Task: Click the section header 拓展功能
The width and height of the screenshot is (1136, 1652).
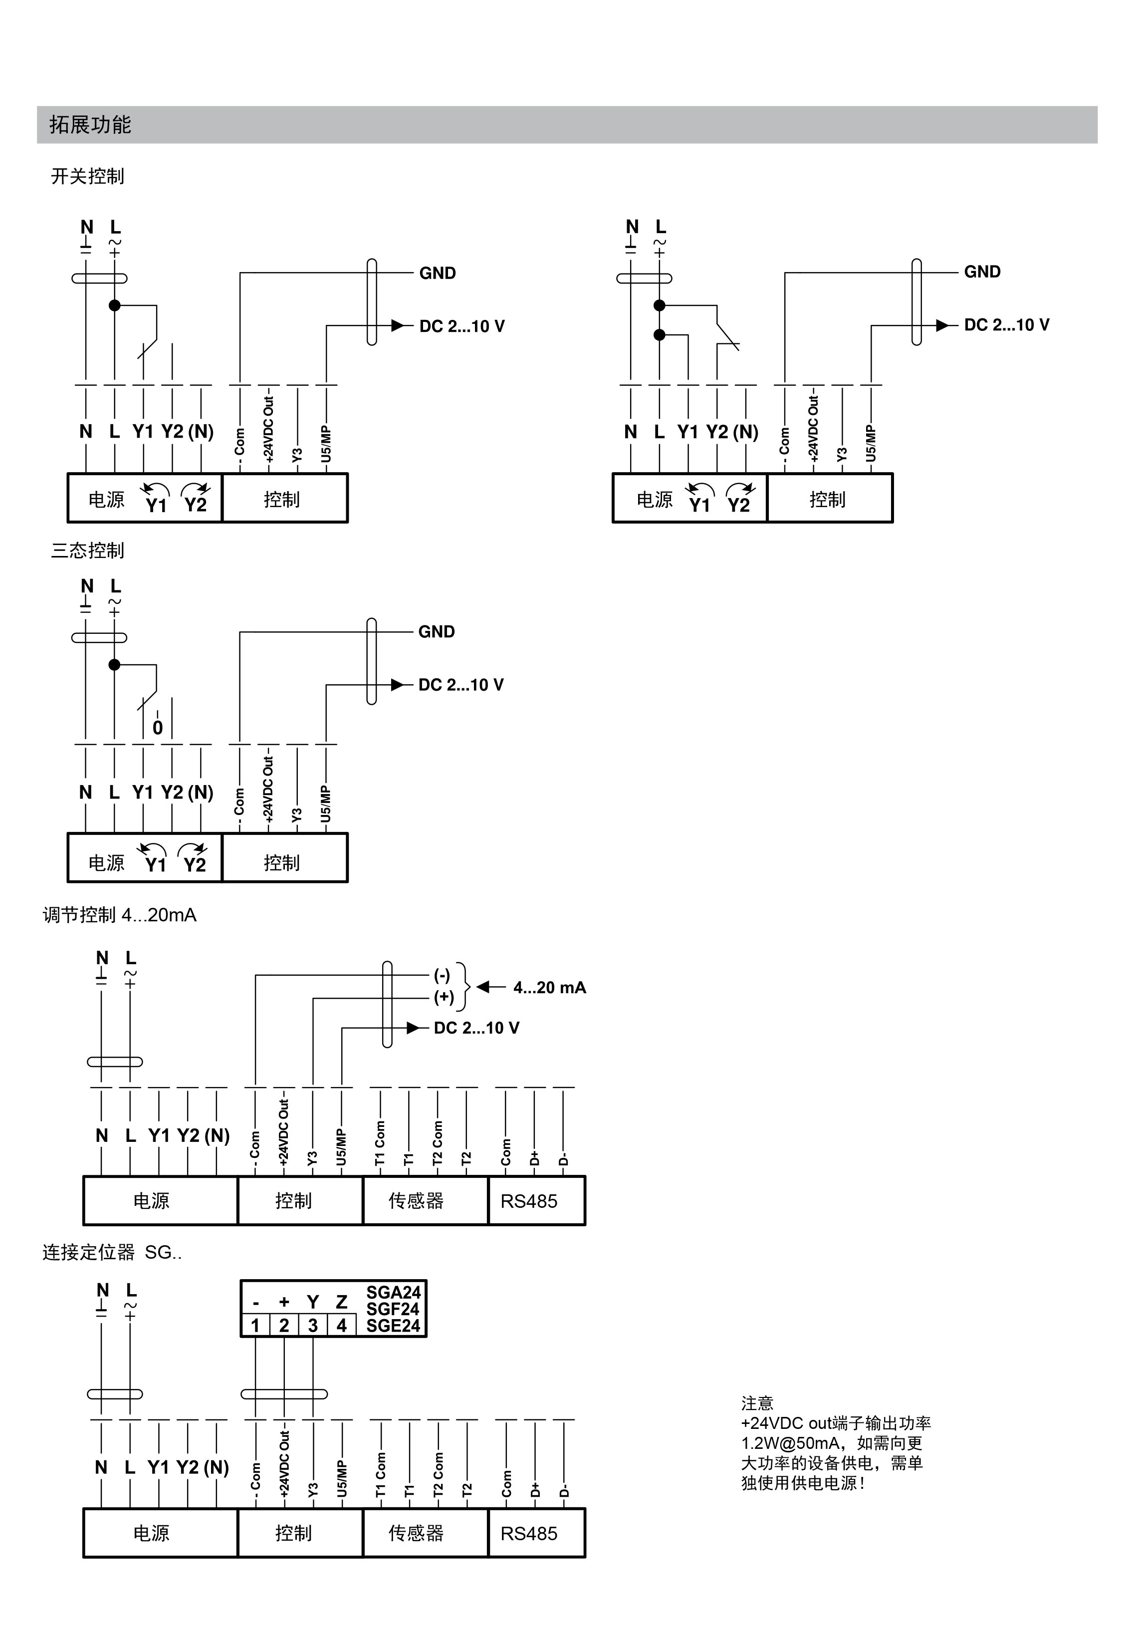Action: coord(90,125)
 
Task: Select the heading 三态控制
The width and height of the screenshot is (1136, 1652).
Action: coord(87,551)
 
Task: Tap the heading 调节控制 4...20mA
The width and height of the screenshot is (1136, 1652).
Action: coord(120,915)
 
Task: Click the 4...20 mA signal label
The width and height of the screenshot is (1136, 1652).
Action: coord(549,988)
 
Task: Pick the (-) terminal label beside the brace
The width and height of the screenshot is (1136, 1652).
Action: coord(442,976)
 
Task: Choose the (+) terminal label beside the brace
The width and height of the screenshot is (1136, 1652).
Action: coord(444,997)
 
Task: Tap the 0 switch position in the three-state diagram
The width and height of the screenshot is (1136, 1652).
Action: coord(157,728)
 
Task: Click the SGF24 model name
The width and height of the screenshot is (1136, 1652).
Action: coord(393,1309)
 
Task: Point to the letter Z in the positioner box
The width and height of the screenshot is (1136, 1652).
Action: coord(342,1302)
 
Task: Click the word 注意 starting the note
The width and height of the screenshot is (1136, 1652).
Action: coord(757,1403)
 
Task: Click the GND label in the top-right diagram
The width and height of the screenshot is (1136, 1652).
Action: coord(982,272)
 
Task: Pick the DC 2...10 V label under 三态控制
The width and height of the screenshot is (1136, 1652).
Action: coord(460,685)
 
